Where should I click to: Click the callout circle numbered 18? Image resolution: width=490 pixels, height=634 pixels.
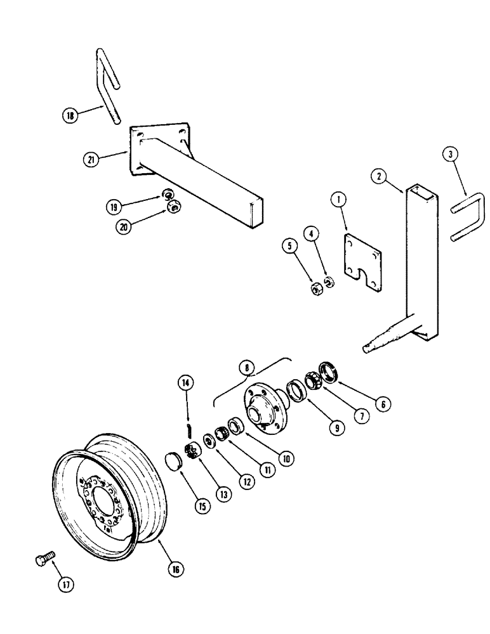70,115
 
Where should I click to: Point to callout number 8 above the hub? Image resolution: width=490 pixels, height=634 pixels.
246,368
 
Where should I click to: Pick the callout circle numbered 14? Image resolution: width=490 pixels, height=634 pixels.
187,383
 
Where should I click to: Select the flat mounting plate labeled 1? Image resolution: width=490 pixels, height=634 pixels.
364,262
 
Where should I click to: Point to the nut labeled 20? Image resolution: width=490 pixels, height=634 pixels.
173,205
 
